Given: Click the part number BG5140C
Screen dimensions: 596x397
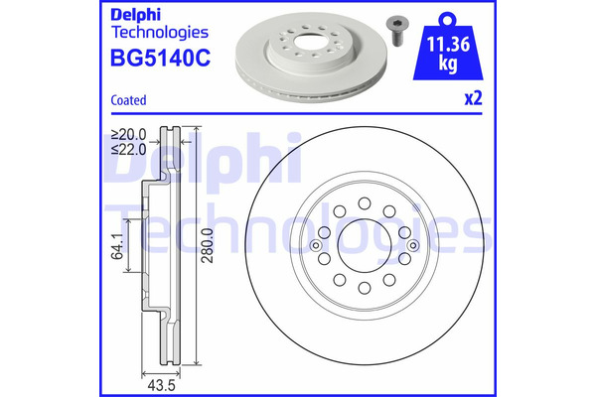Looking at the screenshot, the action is [160, 59].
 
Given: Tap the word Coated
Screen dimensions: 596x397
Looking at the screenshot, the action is [128, 100].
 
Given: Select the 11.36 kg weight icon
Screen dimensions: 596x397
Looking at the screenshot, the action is [448, 47].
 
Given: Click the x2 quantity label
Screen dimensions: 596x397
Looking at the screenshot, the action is [473, 97].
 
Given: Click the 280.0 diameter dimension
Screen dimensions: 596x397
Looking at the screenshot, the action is [208, 245].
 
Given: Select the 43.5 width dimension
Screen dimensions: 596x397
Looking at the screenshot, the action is [161, 386].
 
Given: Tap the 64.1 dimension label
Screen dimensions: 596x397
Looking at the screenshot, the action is [117, 246].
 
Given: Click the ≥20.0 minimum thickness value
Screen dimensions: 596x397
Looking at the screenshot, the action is [128, 134].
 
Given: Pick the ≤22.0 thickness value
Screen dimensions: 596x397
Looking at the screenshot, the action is [128, 149].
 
